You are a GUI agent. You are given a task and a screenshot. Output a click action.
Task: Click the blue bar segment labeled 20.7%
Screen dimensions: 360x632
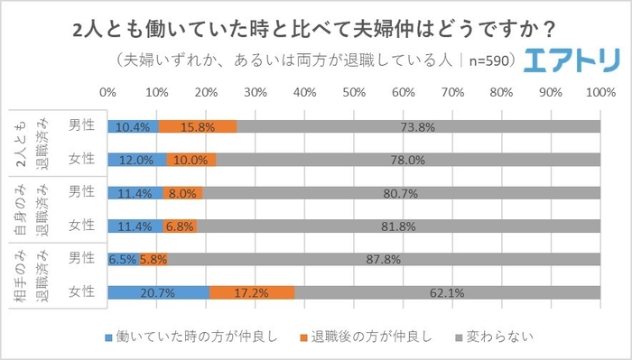(x=158, y=291)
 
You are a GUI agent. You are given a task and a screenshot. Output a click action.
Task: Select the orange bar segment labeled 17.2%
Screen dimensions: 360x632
(x=252, y=291)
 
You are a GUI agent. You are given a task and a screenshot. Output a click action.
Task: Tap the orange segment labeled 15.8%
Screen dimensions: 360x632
(x=197, y=126)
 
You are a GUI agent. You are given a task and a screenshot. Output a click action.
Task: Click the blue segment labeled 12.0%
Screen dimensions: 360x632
(x=136, y=160)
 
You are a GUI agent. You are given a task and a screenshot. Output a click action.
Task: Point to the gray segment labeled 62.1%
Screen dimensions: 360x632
(x=448, y=291)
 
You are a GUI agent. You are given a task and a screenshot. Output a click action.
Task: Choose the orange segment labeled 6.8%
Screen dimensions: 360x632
(x=180, y=226)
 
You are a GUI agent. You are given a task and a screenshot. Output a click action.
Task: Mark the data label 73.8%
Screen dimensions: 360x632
(x=418, y=126)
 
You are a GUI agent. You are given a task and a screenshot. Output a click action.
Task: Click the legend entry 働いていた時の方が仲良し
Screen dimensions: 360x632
(x=172, y=337)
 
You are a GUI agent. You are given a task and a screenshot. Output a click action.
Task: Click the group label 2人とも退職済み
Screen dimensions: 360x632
(x=33, y=143)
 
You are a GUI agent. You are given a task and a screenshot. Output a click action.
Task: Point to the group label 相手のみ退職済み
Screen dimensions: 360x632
(x=33, y=275)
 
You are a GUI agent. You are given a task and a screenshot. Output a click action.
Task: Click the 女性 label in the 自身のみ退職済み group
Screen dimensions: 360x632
(x=81, y=226)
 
